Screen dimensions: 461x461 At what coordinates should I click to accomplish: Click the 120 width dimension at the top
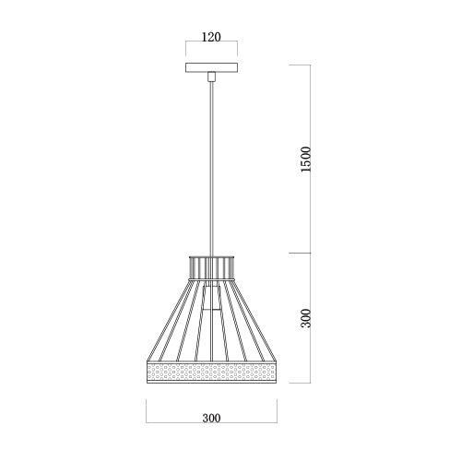pyautogui.click(x=211, y=40)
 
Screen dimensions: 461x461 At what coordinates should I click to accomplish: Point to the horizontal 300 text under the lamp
pyautogui.click(x=211, y=418)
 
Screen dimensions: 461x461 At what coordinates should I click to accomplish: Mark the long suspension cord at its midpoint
pyautogui.click(x=211, y=166)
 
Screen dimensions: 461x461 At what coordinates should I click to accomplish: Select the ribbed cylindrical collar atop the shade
pyautogui.click(x=211, y=266)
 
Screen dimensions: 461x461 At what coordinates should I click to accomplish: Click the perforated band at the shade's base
pyautogui.click(x=211, y=372)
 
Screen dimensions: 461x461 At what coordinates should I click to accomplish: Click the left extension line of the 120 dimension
pyautogui.click(x=185, y=50)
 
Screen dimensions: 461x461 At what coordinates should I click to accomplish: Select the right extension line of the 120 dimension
pyautogui.click(x=237, y=50)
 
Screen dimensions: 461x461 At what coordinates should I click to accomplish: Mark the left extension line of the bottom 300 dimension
pyautogui.click(x=147, y=410)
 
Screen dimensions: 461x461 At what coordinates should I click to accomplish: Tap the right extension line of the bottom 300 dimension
pyautogui.click(x=276, y=410)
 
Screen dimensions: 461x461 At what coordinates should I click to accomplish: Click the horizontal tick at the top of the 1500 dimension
pyautogui.click(x=300, y=65)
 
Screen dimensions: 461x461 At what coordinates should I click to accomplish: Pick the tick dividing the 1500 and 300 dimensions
pyautogui.click(x=300, y=254)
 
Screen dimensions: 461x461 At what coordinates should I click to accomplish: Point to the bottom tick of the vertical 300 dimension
pyautogui.click(x=300, y=384)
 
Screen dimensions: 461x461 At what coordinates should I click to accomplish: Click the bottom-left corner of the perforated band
pyautogui.click(x=148, y=383)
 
